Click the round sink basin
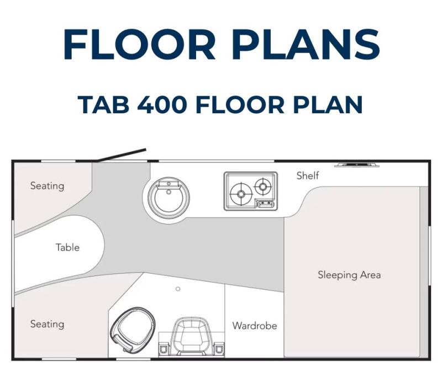[169, 197]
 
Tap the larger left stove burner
[241, 194]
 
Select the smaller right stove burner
[263, 186]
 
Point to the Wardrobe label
[255, 326]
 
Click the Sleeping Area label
[349, 275]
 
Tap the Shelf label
[308, 176]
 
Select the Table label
[67, 247]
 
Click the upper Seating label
[47, 186]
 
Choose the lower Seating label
[47, 324]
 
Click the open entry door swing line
[122, 155]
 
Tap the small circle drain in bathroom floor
[178, 289]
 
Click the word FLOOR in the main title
[140, 44]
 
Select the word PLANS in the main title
[306, 44]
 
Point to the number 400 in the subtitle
[162, 104]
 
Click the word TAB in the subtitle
[103, 104]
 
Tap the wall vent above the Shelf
[356, 164]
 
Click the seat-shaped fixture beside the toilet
[192, 337]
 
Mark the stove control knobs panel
[265, 203]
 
